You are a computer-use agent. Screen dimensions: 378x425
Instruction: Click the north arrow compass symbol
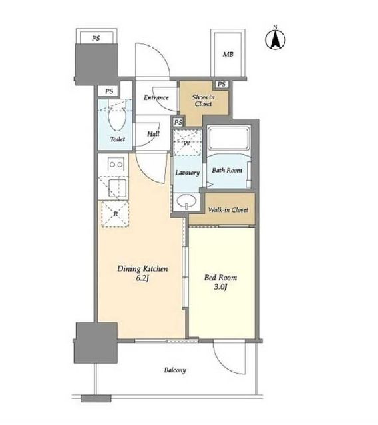coord(275,39)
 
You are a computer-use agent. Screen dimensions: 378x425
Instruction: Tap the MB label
coord(228,54)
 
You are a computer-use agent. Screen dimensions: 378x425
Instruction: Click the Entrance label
coord(156,97)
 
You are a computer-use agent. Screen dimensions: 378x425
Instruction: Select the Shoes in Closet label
coord(204,100)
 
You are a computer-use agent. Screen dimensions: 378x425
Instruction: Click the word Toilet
coord(118,139)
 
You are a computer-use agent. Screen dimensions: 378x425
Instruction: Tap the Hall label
coord(153,134)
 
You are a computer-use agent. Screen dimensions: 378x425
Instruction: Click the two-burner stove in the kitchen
coord(116,164)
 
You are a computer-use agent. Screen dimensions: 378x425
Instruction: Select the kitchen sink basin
coord(118,188)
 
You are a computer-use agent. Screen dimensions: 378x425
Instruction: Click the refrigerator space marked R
coord(115,214)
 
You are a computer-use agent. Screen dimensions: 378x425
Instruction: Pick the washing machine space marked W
coord(187,143)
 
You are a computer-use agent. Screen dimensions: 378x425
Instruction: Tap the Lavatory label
coord(188,173)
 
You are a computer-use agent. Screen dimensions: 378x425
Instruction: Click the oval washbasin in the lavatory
coord(186,201)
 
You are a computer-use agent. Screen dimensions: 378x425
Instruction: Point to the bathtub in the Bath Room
coord(229,138)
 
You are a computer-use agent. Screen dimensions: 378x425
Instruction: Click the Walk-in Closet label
coord(228,210)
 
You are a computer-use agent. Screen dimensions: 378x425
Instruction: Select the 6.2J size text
coord(142,278)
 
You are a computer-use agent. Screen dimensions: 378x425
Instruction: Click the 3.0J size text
coord(220,287)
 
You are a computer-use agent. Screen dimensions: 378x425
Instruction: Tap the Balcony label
coord(175,370)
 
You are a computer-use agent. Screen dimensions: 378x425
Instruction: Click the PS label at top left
coord(96,38)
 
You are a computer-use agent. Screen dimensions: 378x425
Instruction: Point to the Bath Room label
coord(227,171)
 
